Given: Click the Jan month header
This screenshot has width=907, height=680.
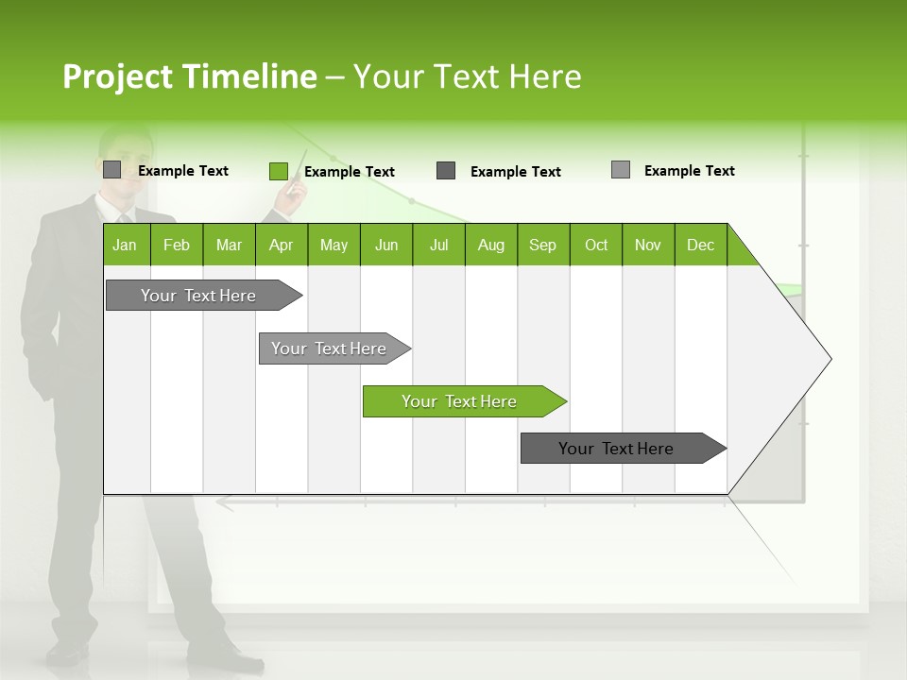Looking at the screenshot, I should coord(126,245).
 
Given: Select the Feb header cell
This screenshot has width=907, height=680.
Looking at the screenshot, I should coord(177,245).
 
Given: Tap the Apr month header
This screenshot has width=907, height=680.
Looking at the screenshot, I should coord(282,245).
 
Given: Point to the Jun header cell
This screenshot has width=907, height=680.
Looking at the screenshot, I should coord(386,245).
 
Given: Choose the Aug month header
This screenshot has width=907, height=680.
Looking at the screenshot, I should coord(491,245).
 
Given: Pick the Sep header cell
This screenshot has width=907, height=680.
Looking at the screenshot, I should coord(543,245).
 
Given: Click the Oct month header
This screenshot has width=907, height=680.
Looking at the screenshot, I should coord(596,245).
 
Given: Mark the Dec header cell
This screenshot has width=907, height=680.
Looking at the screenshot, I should coord(701,245).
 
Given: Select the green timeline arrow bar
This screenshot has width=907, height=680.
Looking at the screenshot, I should coord(463,401).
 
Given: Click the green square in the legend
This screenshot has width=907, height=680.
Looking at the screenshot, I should coord(278,171).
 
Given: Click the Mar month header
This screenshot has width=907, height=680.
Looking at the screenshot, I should coord(229,245).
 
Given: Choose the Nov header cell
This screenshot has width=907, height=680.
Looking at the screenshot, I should coord(648,245).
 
